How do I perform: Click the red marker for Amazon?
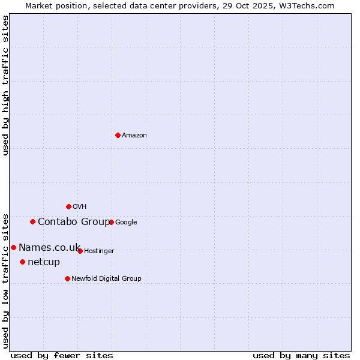(118, 135)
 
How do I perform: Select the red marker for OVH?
(68, 206)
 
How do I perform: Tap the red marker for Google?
(111, 222)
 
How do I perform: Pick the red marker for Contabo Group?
(32, 221)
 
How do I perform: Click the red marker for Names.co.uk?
(13, 247)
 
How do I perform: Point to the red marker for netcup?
(22, 262)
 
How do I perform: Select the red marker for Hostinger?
(80, 251)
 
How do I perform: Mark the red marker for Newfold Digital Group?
(67, 278)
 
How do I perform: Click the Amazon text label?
(134, 136)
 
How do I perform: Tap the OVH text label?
(80, 207)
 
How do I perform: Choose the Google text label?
(126, 223)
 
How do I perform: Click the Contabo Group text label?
(74, 222)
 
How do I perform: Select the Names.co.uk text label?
(49, 248)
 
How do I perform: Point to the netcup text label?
(44, 262)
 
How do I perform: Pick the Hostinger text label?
(99, 251)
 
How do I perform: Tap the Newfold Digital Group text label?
(106, 279)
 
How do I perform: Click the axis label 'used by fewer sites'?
(62, 355)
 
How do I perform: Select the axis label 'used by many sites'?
(301, 355)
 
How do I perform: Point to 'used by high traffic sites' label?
(6, 85)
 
